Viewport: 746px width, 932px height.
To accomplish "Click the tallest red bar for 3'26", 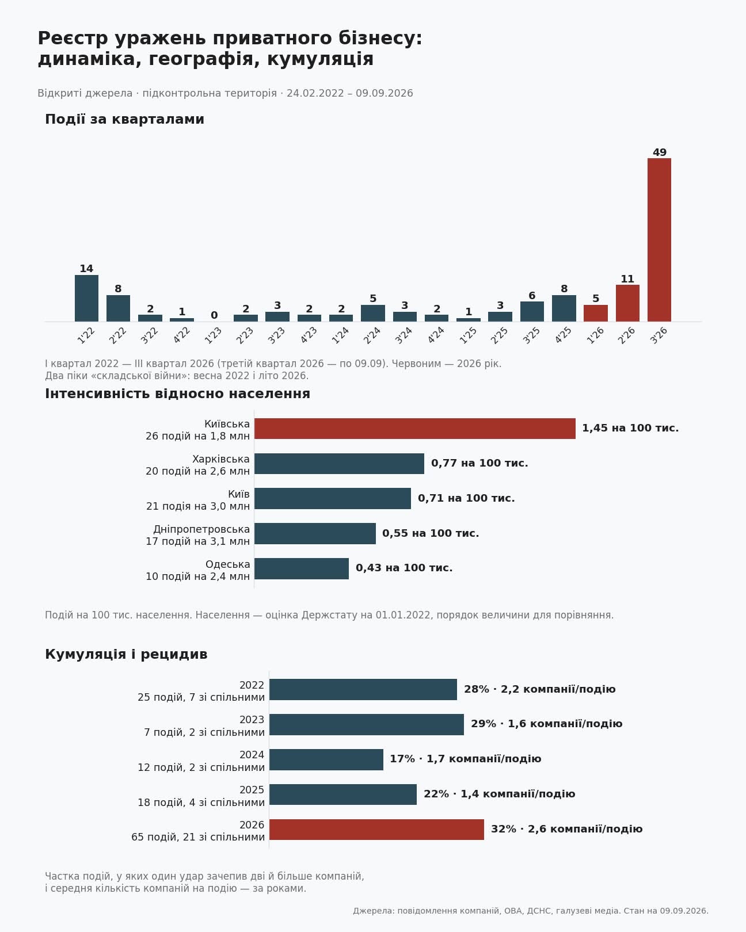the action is tap(659, 239).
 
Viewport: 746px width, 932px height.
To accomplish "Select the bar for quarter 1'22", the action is tap(86, 298).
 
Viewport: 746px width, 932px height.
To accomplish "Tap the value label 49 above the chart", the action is tap(659, 152).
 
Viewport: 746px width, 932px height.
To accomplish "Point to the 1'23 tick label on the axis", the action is tap(214, 335).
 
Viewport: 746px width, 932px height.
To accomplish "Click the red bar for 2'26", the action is tap(627, 303).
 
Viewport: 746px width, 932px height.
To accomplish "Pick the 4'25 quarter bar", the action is tap(564, 308).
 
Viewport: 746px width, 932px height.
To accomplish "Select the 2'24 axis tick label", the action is tap(372, 335).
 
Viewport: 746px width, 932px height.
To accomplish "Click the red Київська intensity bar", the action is tap(415, 429).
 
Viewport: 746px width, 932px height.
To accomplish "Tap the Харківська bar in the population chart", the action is tap(339, 463).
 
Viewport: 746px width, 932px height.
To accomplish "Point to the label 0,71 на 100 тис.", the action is tap(466, 498).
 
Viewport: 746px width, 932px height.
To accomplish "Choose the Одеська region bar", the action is tap(301, 568).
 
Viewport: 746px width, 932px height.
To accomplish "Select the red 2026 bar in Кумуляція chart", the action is tap(376, 830).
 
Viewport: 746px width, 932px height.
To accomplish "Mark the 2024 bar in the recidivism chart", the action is tap(326, 759).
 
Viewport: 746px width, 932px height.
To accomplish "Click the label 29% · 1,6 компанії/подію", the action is tap(546, 724).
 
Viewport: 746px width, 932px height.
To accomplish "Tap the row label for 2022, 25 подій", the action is tap(201, 691).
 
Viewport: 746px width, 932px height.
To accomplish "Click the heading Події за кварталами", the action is tap(124, 119).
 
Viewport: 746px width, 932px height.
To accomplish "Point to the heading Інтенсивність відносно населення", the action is tap(177, 394).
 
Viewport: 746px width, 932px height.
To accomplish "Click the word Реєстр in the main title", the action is tap(73, 39).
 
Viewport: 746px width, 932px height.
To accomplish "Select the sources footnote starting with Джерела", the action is tap(531, 911).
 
